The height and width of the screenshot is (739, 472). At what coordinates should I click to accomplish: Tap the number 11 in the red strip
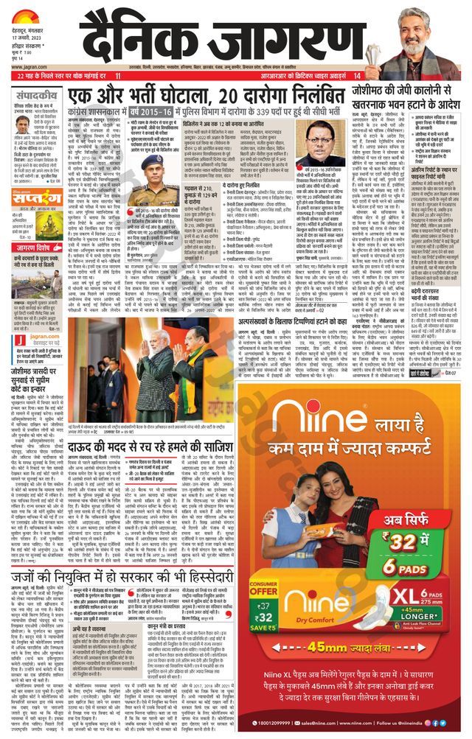pos(118,76)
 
